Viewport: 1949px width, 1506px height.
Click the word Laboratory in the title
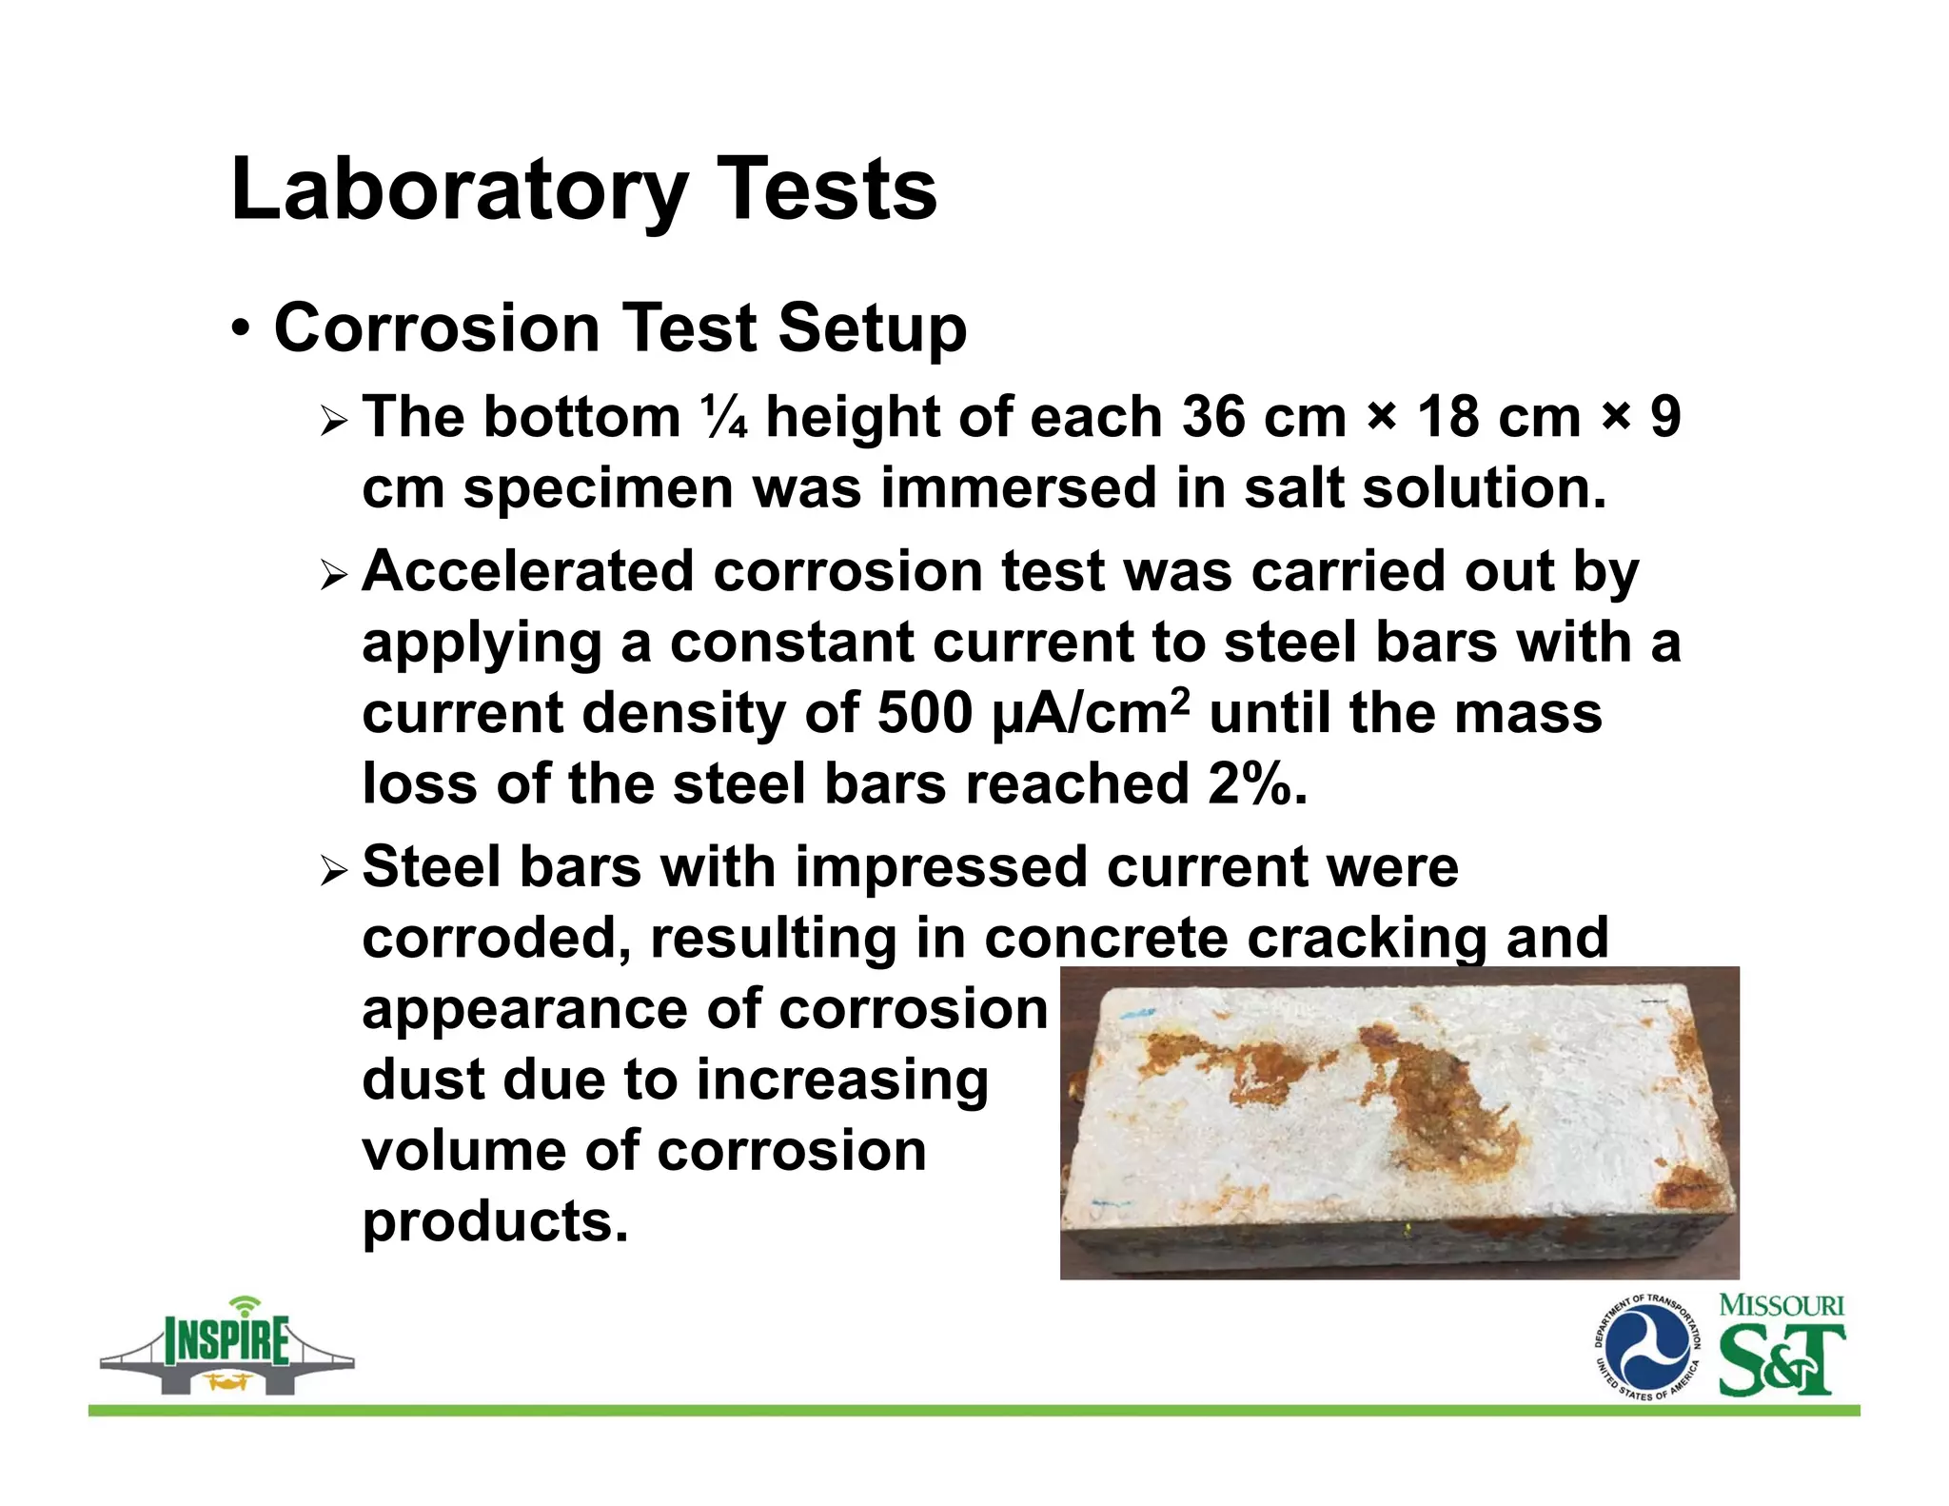[458, 190]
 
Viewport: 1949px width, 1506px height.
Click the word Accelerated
[527, 571]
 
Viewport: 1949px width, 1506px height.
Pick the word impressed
[941, 867]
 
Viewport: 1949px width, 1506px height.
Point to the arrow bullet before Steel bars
[334, 870]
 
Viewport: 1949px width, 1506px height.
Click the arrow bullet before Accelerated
[334, 574]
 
